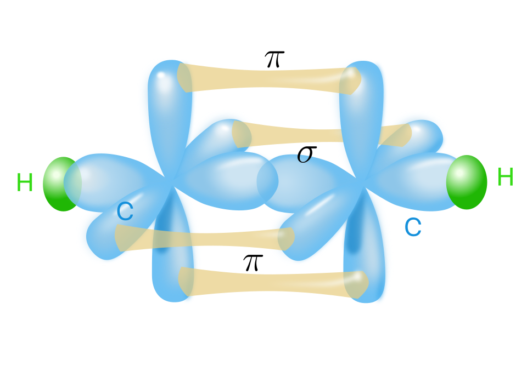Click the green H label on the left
(x=25, y=182)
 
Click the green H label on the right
(x=505, y=177)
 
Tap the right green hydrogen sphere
(x=467, y=182)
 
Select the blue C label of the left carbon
(x=125, y=211)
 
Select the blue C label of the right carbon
(x=413, y=227)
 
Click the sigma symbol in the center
(x=306, y=154)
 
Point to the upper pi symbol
(x=274, y=59)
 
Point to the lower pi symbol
(x=253, y=262)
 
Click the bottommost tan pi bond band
(x=273, y=283)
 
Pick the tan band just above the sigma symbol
(x=322, y=134)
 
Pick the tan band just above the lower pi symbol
(x=204, y=238)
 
